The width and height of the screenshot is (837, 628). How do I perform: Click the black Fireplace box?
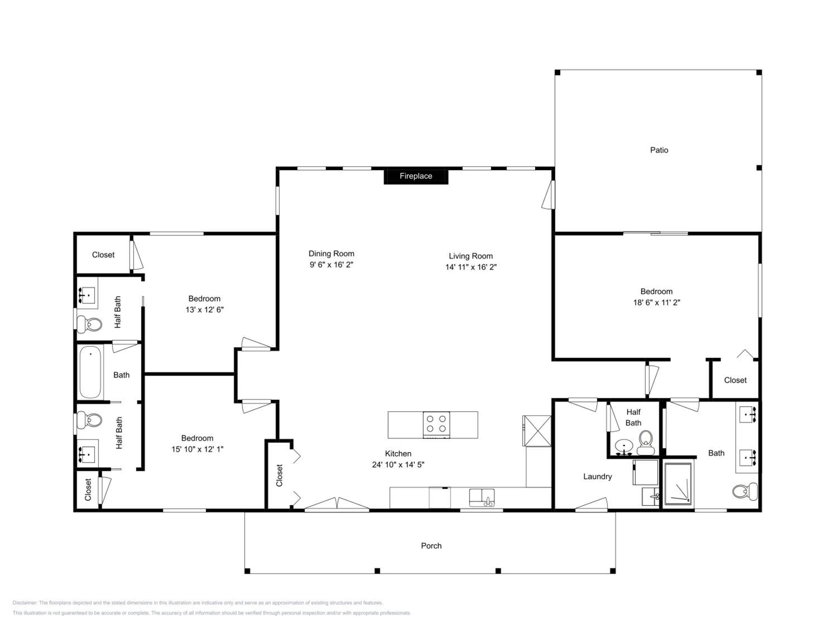click(416, 176)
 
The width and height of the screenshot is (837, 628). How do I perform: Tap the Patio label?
click(659, 150)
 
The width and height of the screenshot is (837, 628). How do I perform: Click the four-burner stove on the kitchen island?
click(436, 425)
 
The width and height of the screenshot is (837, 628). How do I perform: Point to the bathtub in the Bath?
click(90, 372)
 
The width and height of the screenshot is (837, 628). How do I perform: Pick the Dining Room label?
click(331, 254)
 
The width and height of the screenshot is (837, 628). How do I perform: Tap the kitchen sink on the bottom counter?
click(482, 497)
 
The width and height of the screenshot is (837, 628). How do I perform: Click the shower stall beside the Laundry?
click(679, 483)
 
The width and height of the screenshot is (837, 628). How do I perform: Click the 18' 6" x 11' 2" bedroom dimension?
click(656, 303)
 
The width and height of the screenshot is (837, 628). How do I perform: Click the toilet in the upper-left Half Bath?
click(90, 324)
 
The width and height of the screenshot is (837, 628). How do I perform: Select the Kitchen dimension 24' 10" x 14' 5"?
click(398, 464)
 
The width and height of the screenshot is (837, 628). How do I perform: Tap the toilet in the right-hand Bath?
click(745, 491)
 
